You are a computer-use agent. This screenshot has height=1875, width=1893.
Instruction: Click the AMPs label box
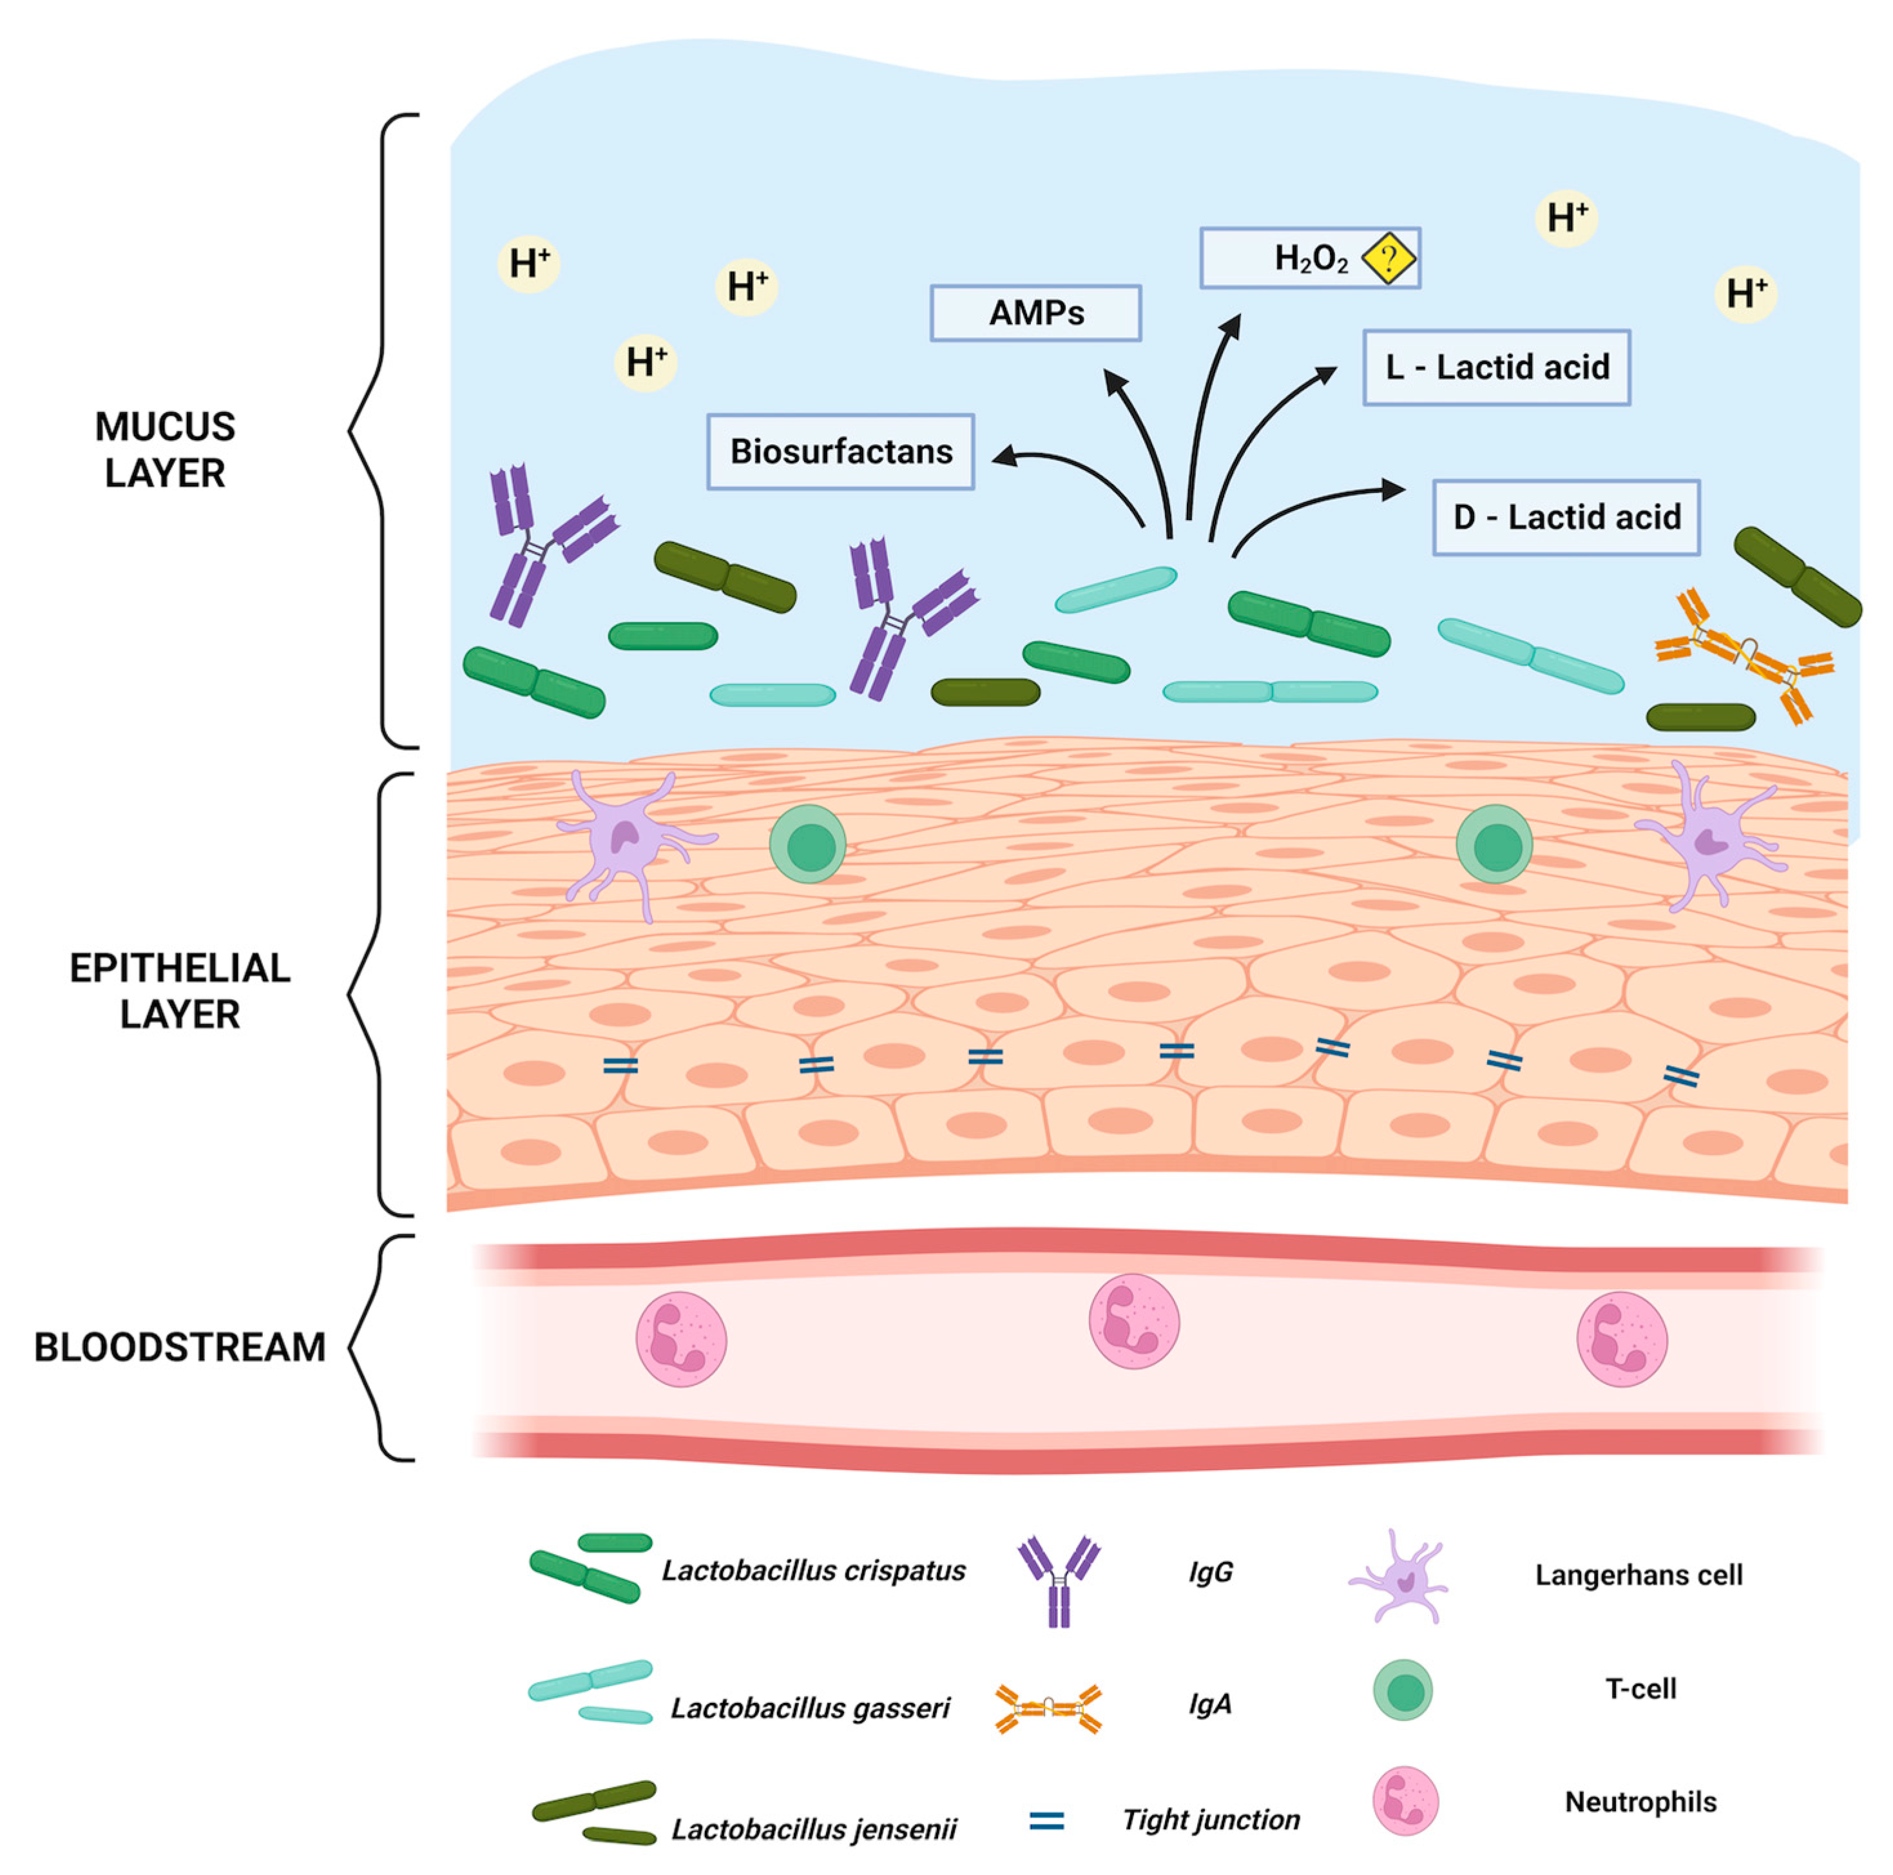click(x=1035, y=313)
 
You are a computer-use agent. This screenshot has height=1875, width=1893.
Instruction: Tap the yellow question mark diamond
click(x=1389, y=258)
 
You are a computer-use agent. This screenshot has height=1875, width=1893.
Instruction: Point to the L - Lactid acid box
click(x=1496, y=367)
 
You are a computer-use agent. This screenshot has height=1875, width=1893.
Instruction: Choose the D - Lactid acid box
click(x=1565, y=518)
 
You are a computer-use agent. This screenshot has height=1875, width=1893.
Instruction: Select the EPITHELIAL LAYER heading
click(x=179, y=991)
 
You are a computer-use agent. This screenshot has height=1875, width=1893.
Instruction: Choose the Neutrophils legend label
click(x=1640, y=1802)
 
